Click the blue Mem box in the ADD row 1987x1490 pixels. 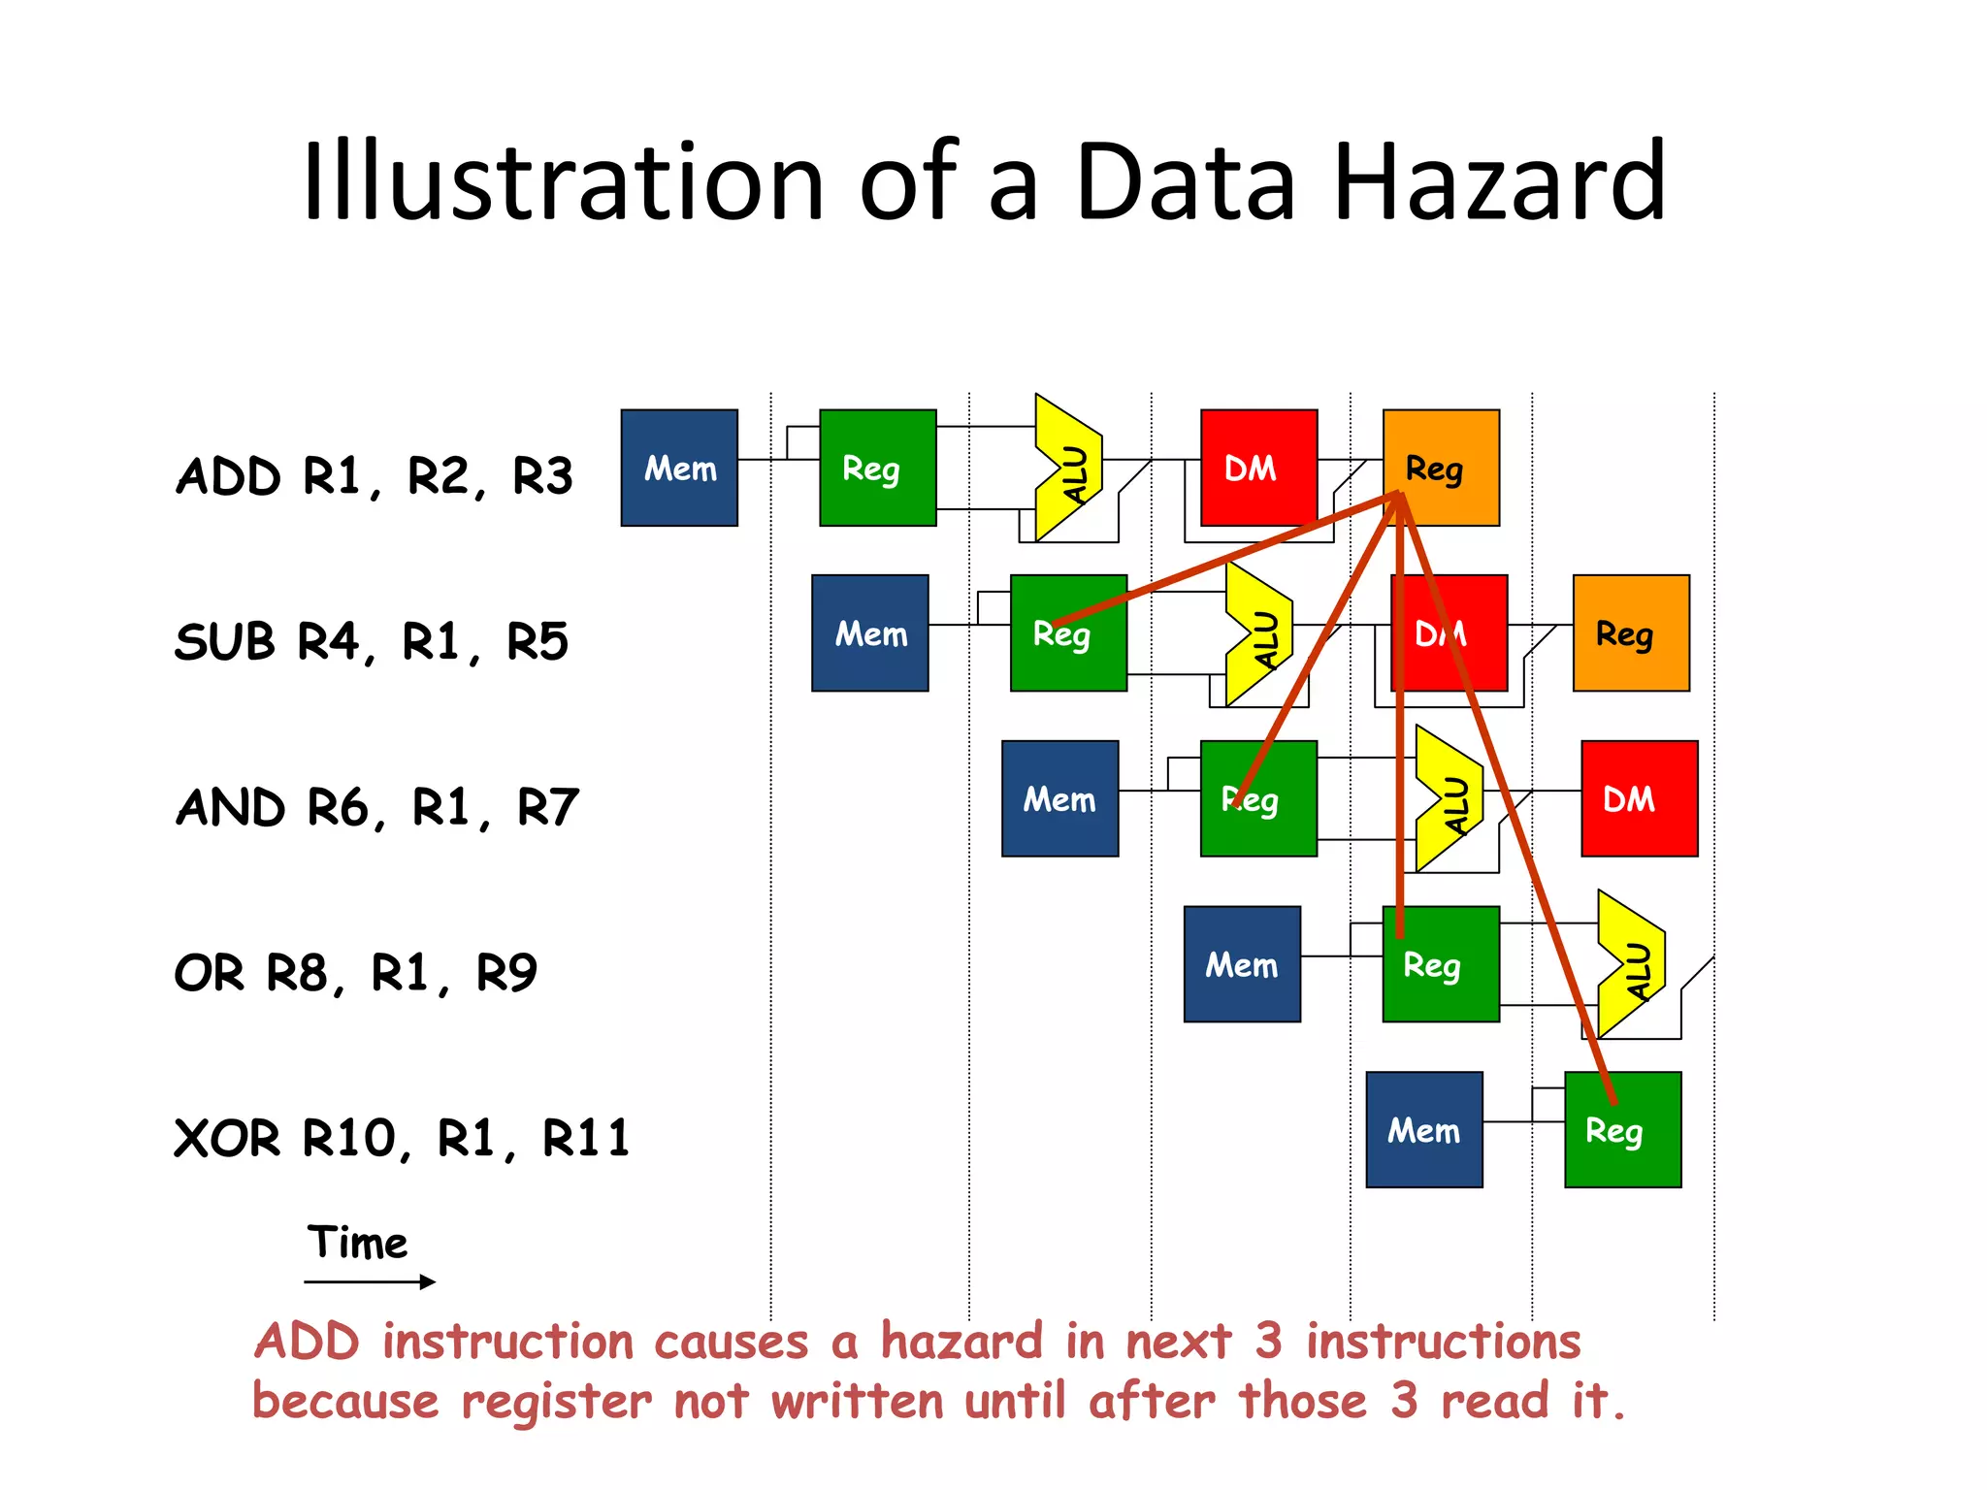[679, 468]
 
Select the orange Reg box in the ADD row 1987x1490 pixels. [1442, 468]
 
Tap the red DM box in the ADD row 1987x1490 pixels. [1258, 468]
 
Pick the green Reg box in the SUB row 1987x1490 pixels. [1068, 633]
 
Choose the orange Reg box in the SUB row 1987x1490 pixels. [1631, 633]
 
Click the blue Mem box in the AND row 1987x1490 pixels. [1059, 798]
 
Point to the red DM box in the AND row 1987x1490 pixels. [1639, 798]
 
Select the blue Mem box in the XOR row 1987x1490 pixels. [1423, 1130]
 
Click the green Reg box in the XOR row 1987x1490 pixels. [1622, 1130]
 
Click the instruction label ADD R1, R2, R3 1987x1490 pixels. [374, 476]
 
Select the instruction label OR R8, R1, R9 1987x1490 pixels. [355, 973]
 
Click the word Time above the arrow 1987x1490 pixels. [357, 1243]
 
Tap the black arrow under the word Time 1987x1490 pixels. [370, 1282]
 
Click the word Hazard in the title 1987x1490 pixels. [1500, 182]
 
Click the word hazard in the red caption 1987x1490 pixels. [961, 1343]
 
